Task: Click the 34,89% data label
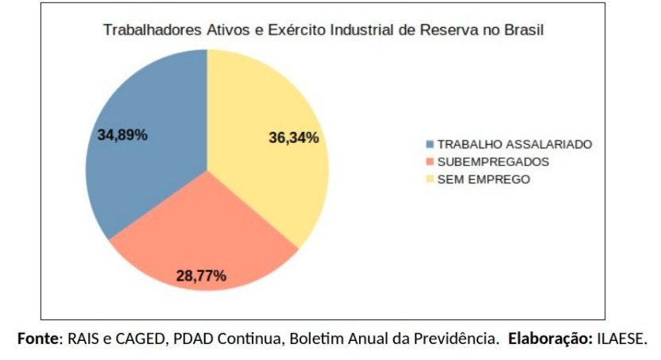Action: [122, 134]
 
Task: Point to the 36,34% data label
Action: [294, 137]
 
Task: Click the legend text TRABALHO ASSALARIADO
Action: [515, 145]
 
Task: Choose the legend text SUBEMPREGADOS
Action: [493, 162]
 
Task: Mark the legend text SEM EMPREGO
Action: [484, 179]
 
